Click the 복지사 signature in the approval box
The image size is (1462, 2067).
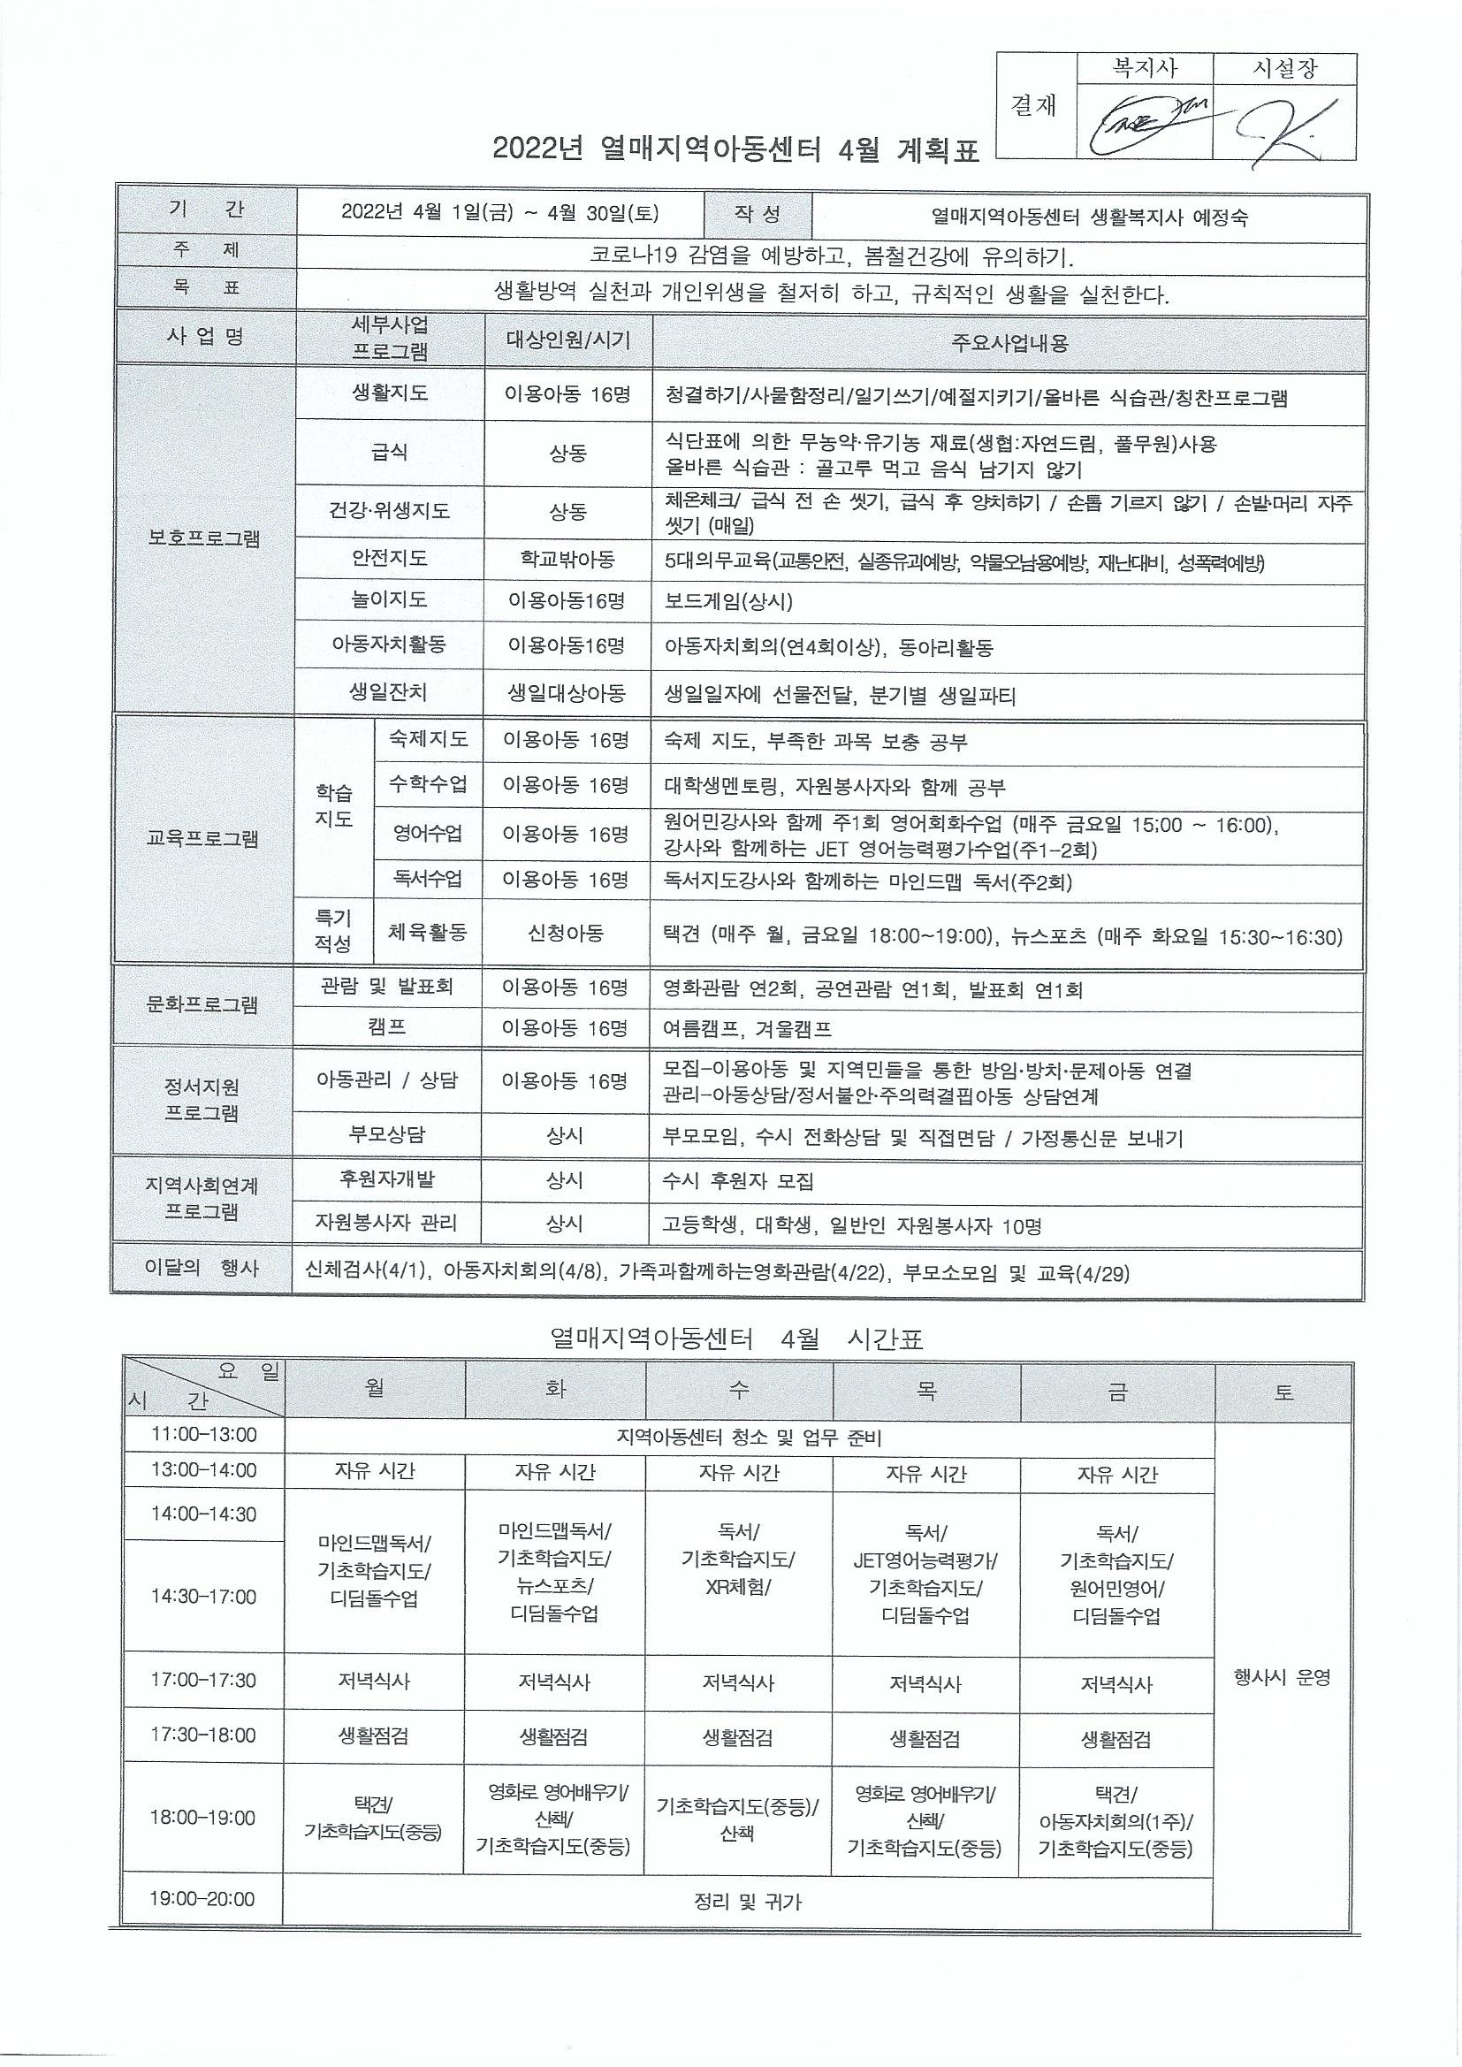click(x=1144, y=122)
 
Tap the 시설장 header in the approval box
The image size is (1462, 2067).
click(x=1284, y=69)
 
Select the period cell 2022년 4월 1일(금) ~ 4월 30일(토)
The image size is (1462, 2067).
click(x=500, y=213)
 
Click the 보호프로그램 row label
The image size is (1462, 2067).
click(x=204, y=539)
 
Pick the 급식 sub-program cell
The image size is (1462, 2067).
click(x=390, y=452)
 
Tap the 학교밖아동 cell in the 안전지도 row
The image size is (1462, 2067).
click(x=567, y=559)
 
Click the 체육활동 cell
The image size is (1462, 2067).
click(x=428, y=933)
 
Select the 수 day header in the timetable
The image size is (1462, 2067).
click(x=738, y=1391)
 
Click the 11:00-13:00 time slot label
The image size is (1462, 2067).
click(x=203, y=1435)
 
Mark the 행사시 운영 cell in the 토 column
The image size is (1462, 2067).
click(x=1282, y=1677)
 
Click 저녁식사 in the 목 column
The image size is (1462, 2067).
click(x=925, y=1682)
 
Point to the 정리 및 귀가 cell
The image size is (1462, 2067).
click(x=747, y=1903)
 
